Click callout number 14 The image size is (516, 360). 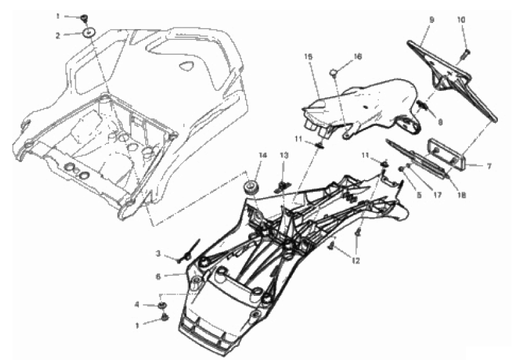tap(262, 155)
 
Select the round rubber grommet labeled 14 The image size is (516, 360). tap(252, 188)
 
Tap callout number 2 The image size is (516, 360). tap(58, 36)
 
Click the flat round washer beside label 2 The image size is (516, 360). tap(89, 33)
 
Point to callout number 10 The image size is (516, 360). tap(461, 20)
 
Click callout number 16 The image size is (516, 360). tap(358, 57)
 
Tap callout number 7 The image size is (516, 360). tap(489, 167)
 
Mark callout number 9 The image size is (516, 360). tap(432, 20)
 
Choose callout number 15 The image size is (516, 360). tap(308, 57)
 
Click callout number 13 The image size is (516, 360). tap(284, 155)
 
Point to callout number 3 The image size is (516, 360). tap(158, 254)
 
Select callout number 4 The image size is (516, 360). tap(137, 305)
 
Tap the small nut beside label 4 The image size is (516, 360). tap(161, 305)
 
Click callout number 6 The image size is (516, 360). tap(158, 277)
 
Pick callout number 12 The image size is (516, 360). tap(355, 261)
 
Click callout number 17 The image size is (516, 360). tap(437, 195)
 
